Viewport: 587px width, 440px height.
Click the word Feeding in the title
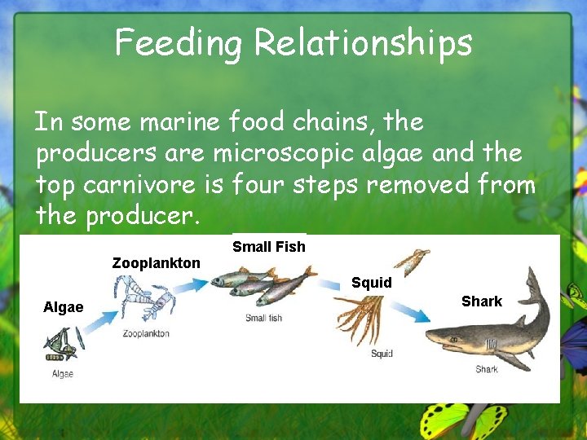click(179, 43)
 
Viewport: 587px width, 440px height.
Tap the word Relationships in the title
click(363, 43)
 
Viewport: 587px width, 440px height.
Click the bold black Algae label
click(64, 307)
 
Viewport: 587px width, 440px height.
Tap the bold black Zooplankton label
click(156, 263)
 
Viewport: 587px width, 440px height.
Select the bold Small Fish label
click(269, 247)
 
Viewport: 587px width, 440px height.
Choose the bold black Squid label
click(372, 283)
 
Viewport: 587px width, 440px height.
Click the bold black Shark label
click(482, 301)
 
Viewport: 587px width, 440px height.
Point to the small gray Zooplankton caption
click(146, 333)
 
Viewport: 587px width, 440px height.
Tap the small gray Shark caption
click(487, 369)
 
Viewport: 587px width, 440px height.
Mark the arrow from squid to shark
click(416, 311)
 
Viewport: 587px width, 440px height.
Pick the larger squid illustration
click(363, 318)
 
